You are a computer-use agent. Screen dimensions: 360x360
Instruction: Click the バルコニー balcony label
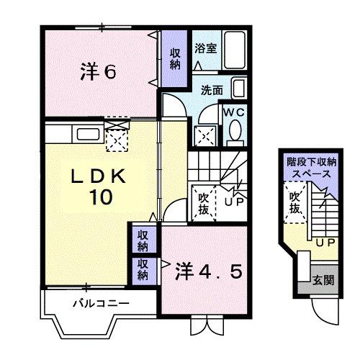100,303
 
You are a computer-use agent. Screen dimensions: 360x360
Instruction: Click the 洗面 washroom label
211,91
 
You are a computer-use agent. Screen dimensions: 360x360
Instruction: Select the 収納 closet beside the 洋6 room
175,58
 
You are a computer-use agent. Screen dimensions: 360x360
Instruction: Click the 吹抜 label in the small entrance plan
294,201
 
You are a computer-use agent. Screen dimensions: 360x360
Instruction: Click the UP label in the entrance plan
324,243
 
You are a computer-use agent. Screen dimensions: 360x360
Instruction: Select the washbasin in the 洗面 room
240,91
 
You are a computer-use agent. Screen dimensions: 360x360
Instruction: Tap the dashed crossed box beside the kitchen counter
115,135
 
